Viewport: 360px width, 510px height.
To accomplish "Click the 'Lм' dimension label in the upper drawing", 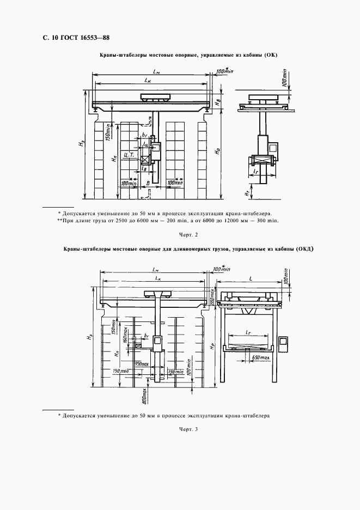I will [x=156, y=71].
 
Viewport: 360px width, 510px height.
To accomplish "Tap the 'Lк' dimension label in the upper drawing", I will [x=148, y=80].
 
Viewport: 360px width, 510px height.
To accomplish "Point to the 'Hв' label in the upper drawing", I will [x=217, y=101].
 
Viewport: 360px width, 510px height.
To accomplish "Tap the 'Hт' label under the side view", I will [x=247, y=192].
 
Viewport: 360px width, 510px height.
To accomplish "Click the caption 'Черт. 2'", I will [x=187, y=235].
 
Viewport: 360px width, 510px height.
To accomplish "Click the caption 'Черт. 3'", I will [x=187, y=430].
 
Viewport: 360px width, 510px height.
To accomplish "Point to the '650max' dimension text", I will [x=259, y=357].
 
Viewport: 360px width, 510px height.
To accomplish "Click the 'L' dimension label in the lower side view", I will [x=250, y=278].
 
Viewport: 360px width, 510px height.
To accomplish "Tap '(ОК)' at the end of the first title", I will [x=270, y=56].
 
